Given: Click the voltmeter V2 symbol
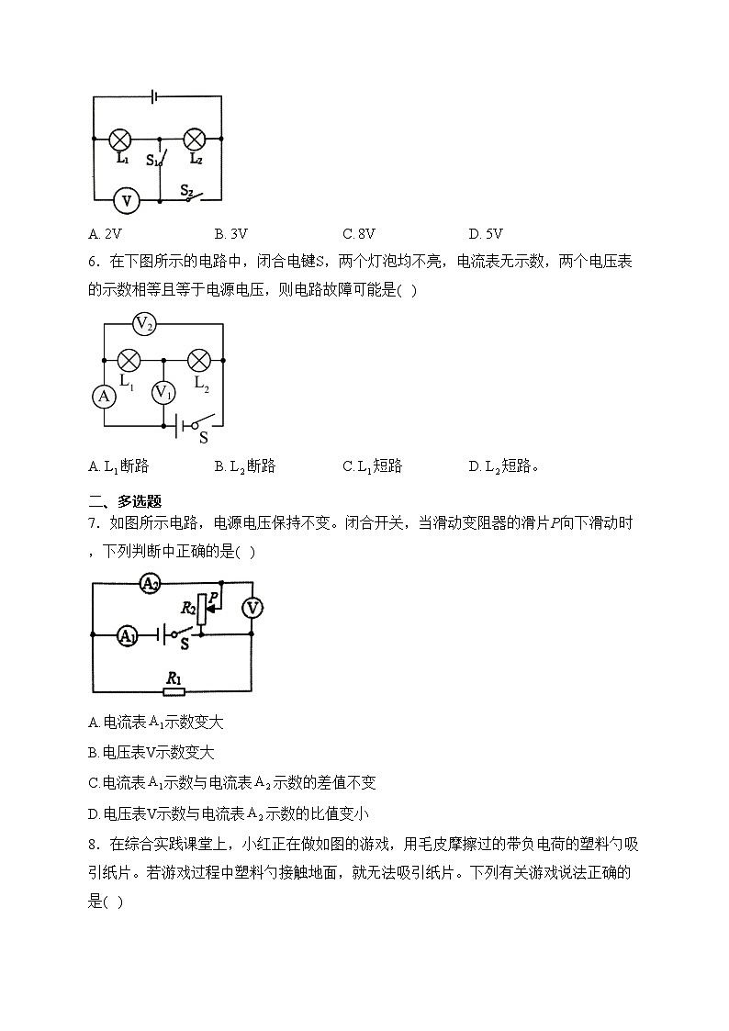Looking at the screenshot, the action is pyautogui.click(x=144, y=323).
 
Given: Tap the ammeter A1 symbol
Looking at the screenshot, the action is pyautogui.click(x=129, y=633).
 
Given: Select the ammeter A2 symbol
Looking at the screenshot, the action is pyautogui.click(x=150, y=583).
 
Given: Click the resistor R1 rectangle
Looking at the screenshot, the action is pyautogui.click(x=173, y=691).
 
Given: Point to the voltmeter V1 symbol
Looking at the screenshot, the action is pyautogui.click(x=163, y=393).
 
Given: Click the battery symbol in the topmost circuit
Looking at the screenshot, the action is pyautogui.click(x=157, y=95).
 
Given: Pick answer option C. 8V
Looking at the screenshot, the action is pyautogui.click(x=359, y=233).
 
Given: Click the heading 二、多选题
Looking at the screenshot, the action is pyautogui.click(x=124, y=501).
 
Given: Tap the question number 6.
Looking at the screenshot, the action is pyautogui.click(x=94, y=262).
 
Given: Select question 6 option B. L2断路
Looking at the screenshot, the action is pyautogui.click(x=245, y=466).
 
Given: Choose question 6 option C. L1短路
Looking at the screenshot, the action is pyautogui.click(x=373, y=466).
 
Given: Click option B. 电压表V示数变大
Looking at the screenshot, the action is pyautogui.click(x=151, y=753).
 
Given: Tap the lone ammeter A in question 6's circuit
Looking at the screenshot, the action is pyautogui.click(x=104, y=396).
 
